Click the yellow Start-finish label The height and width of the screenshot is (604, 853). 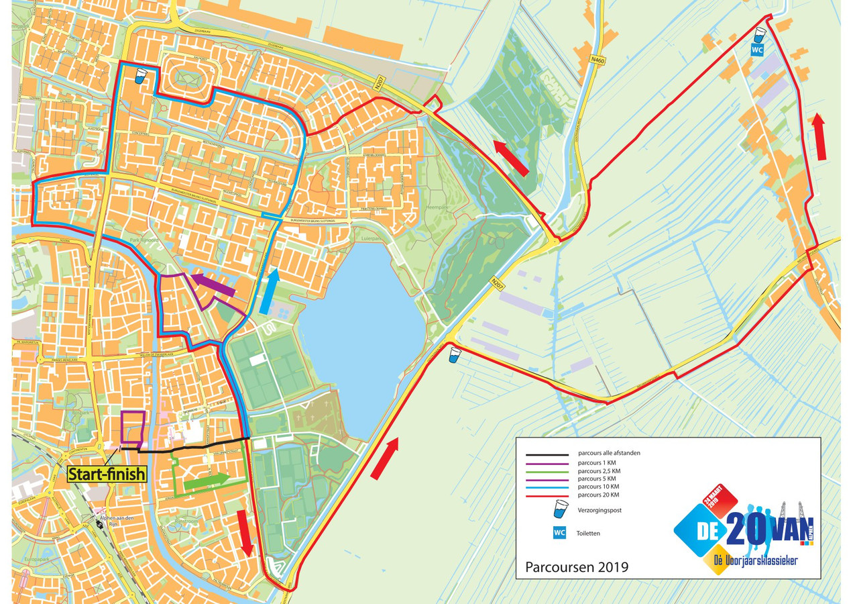tap(107, 474)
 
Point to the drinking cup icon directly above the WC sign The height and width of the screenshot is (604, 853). tap(759, 34)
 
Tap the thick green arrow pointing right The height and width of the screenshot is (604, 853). tap(206, 481)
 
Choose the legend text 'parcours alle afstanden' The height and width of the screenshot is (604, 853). tap(608, 453)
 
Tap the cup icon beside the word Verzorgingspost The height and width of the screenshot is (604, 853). tap(559, 509)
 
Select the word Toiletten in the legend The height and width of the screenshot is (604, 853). tap(587, 534)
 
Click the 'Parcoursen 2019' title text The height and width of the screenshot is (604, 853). tap(577, 567)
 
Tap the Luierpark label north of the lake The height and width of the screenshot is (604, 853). tap(370, 238)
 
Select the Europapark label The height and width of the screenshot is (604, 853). tap(35, 558)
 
